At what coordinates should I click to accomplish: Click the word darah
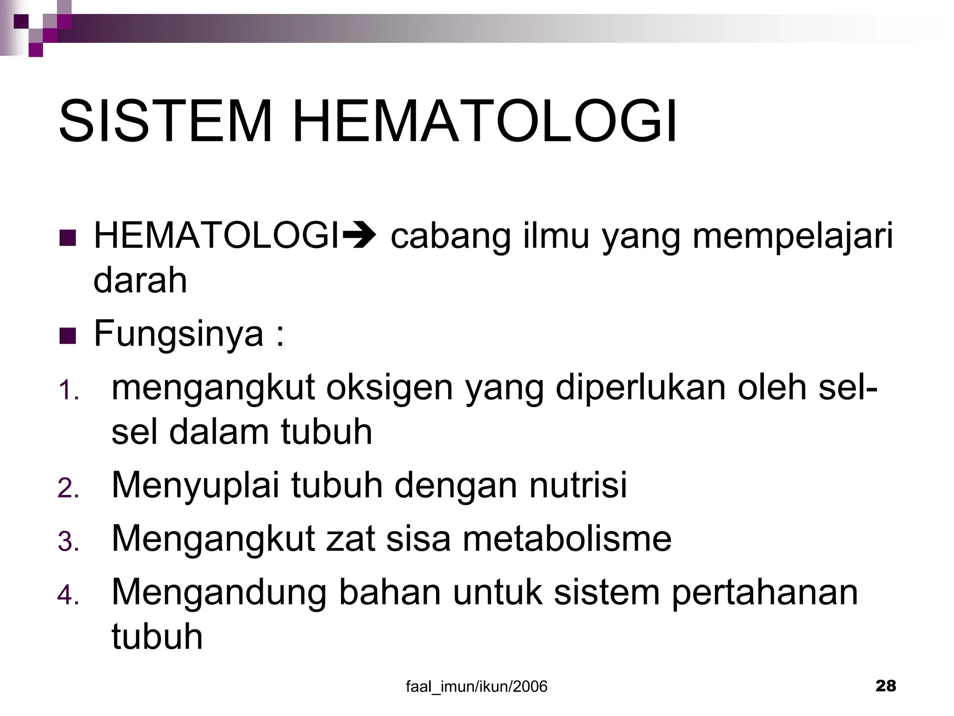click(x=140, y=281)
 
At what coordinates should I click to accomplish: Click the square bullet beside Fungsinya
click(x=68, y=336)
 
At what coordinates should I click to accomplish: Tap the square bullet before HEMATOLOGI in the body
click(x=68, y=238)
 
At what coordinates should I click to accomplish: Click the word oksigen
click(x=389, y=389)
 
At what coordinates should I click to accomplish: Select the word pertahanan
click(x=764, y=593)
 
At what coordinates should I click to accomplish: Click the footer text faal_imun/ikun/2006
click(x=477, y=686)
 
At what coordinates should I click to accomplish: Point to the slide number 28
click(x=886, y=686)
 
